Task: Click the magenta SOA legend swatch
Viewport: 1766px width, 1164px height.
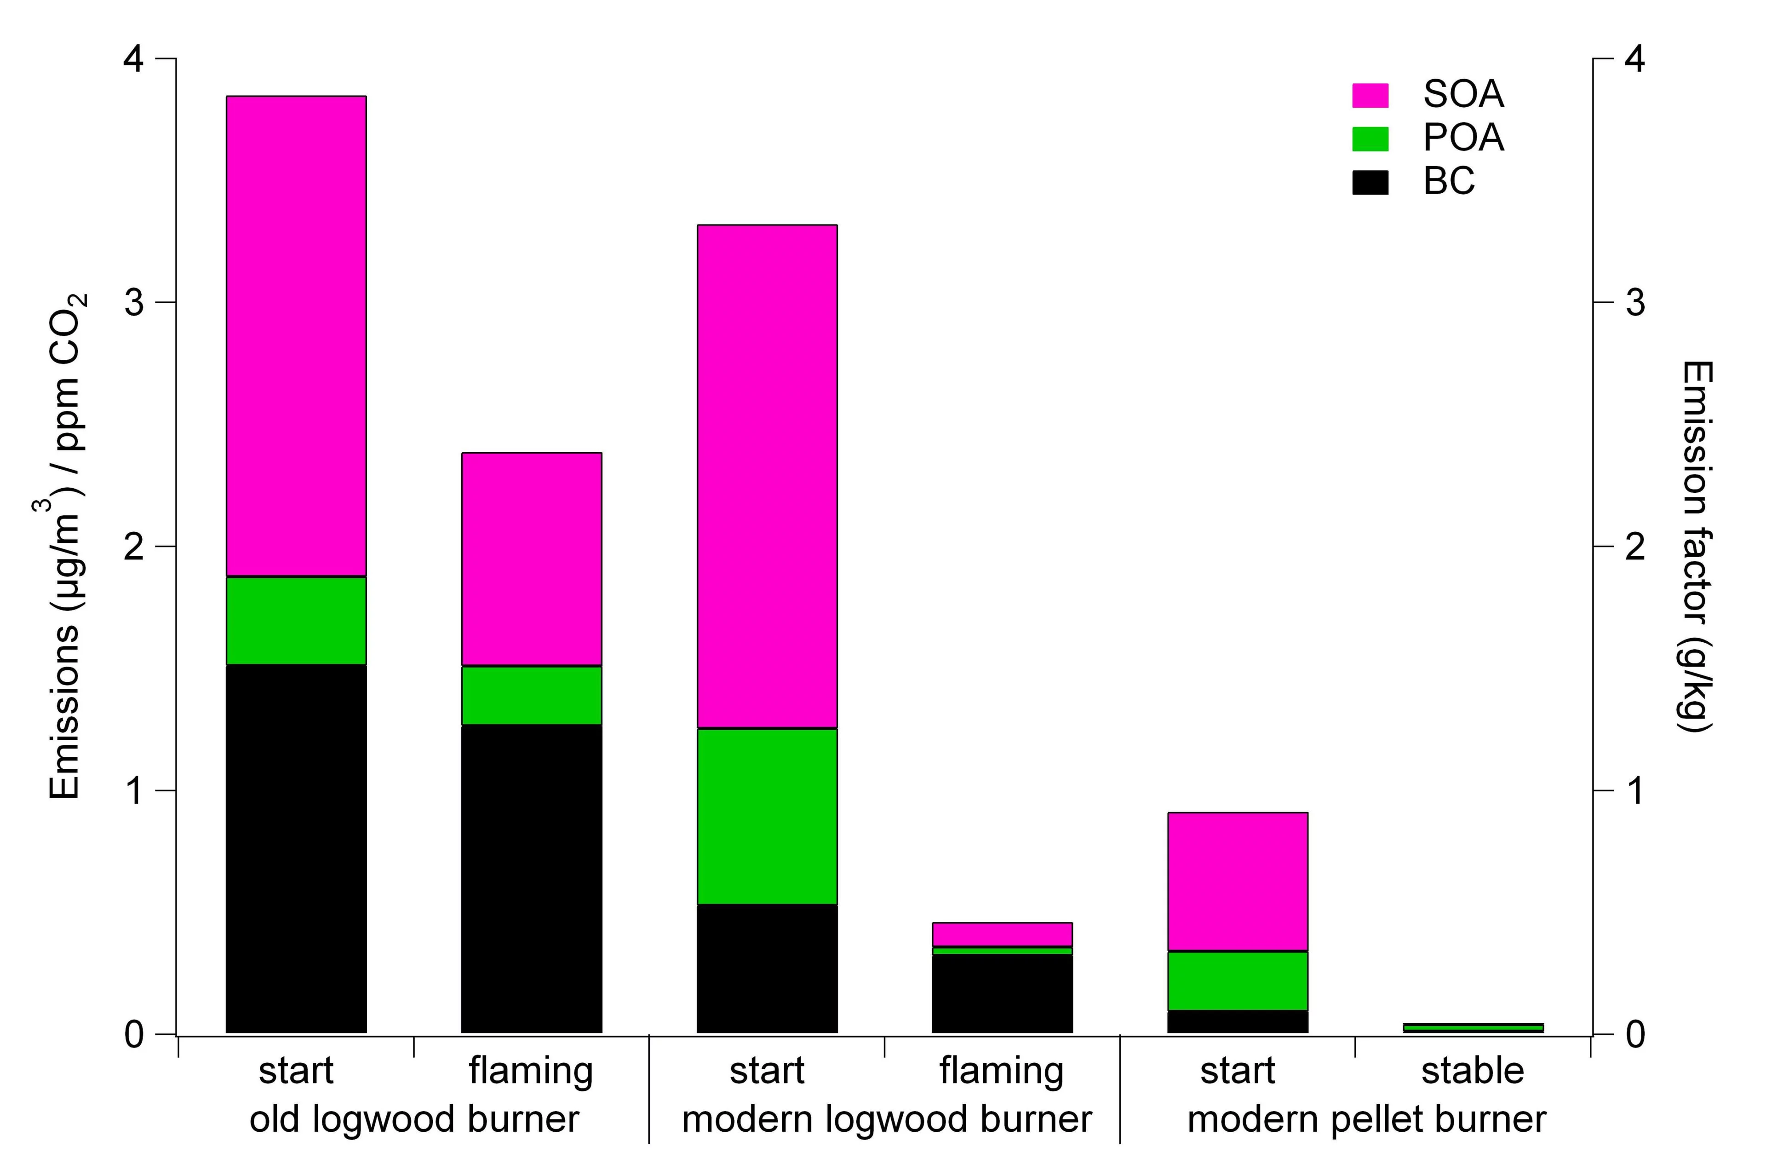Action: click(1370, 95)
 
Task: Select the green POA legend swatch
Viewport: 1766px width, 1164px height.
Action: click(1370, 139)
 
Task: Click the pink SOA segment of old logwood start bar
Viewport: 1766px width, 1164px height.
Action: click(296, 335)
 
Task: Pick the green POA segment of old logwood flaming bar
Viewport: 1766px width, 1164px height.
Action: click(531, 695)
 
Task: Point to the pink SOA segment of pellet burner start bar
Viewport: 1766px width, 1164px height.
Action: click(1238, 881)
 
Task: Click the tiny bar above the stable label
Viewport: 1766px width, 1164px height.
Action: click(1473, 1027)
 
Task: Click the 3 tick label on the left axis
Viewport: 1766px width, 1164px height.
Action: click(134, 302)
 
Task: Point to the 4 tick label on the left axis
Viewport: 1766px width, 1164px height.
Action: click(134, 58)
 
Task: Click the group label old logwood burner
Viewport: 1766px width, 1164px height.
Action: click(414, 1119)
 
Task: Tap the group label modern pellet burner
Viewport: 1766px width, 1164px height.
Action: click(1367, 1119)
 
